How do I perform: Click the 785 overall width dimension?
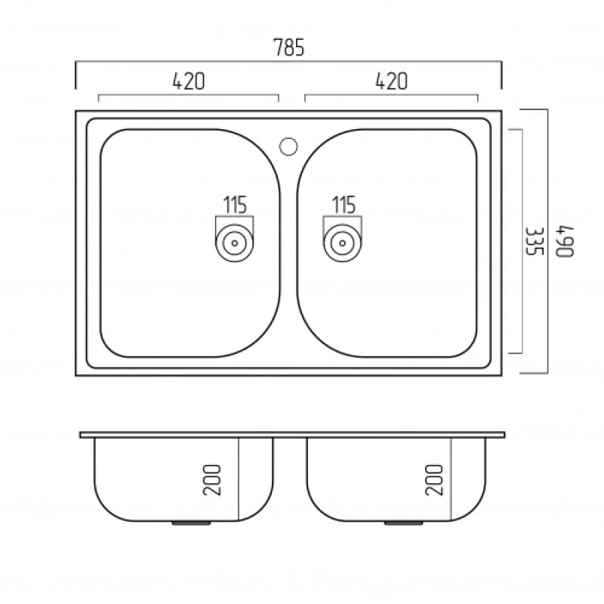tap(288, 48)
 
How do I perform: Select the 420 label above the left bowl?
tap(189, 81)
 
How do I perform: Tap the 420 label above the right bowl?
tap(391, 81)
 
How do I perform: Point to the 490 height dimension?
tap(565, 241)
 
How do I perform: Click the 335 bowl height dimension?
tap(535, 241)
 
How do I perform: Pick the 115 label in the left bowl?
tap(235, 204)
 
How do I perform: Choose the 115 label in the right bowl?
tap(344, 204)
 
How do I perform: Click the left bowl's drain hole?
tap(234, 243)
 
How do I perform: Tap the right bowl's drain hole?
tap(343, 243)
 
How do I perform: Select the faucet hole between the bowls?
tap(288, 145)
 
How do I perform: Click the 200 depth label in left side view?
tap(214, 479)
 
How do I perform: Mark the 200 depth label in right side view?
tap(433, 479)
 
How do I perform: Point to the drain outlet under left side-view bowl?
tap(183, 522)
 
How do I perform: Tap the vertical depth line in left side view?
tap(239, 479)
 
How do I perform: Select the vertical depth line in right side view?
tap(451, 479)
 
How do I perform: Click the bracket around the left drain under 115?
tap(217, 226)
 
